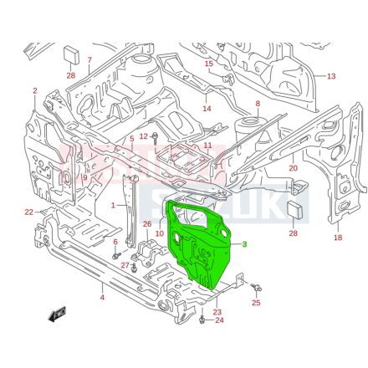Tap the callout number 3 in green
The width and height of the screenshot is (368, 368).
(x=245, y=244)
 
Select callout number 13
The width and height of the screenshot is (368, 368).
(x=331, y=76)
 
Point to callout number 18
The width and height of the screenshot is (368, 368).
(x=338, y=238)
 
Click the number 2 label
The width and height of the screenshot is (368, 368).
(x=35, y=90)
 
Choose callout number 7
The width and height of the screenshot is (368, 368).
(x=89, y=60)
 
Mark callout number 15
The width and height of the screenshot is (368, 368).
(x=208, y=64)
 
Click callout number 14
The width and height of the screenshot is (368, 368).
(x=207, y=109)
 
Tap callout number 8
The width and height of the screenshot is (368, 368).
(x=258, y=105)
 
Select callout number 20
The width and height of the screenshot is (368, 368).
(x=293, y=168)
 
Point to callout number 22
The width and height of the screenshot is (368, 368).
(x=28, y=212)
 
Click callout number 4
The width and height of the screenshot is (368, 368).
(x=102, y=297)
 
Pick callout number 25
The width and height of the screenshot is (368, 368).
(x=256, y=303)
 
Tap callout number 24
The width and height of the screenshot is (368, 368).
(x=219, y=320)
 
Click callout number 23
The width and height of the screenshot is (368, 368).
(x=217, y=311)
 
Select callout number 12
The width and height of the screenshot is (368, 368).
(x=143, y=136)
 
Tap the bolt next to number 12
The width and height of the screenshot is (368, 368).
(x=155, y=135)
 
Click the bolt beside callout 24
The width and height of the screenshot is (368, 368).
(x=202, y=318)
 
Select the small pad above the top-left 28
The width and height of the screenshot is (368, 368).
(x=71, y=55)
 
